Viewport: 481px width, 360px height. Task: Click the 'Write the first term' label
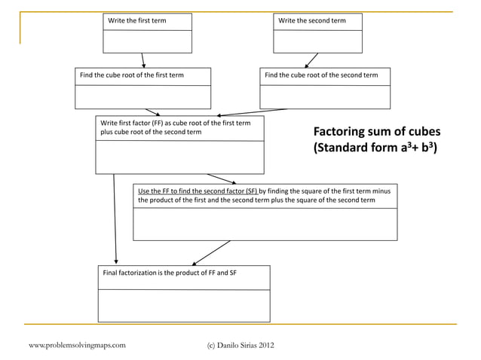pos(137,20)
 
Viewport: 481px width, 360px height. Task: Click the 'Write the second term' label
pos(312,20)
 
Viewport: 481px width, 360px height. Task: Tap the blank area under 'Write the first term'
pos(148,41)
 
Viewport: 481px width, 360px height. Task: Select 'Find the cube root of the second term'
pos(321,75)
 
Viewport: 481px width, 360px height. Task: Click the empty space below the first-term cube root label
pos(142,97)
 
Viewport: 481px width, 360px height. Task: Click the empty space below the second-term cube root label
pos(325,97)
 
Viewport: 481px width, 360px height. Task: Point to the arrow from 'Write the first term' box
pos(142,60)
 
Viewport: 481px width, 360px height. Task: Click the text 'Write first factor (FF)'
pos(133,123)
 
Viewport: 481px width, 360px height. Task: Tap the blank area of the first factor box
pos(179,157)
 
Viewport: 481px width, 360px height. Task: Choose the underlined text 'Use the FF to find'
pos(169,191)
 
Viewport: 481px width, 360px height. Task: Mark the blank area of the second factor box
pos(265,224)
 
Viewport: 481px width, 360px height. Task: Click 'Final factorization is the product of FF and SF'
pos(170,271)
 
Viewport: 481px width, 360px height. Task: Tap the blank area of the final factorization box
pos(184,306)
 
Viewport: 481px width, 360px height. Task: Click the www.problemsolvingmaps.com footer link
pos(77,345)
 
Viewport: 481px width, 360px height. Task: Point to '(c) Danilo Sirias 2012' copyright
pos(240,345)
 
